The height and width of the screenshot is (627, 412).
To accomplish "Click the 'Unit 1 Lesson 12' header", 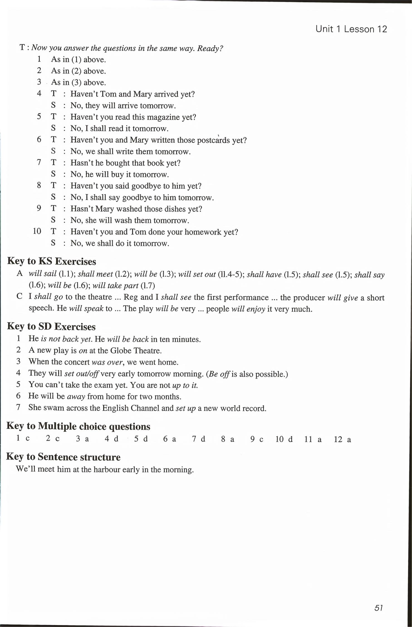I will (351, 29).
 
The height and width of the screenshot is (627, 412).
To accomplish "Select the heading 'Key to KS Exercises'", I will (51, 261).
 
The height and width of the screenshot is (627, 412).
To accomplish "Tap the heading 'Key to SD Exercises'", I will (51, 326).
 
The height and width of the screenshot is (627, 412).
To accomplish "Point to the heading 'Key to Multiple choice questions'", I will (78, 426).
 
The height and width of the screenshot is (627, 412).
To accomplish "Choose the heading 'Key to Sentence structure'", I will (63, 457).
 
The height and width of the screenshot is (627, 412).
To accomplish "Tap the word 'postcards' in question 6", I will (213, 140).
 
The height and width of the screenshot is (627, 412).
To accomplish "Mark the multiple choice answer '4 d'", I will (112, 439).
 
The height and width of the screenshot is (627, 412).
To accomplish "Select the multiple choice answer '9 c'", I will (257, 439).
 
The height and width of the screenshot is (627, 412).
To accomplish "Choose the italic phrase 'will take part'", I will (115, 286).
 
